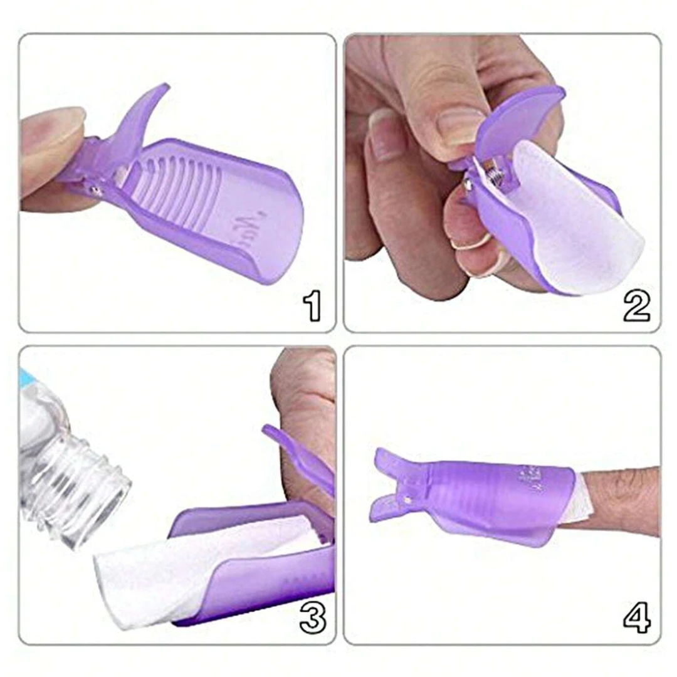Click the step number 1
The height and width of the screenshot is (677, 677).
pyautogui.click(x=312, y=307)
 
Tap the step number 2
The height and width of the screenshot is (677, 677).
pyautogui.click(x=636, y=307)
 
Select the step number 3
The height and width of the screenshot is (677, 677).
pyautogui.click(x=312, y=617)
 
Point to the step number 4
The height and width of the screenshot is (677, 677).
pyautogui.click(x=636, y=617)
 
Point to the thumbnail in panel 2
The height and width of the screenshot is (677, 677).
pyautogui.click(x=460, y=125)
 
